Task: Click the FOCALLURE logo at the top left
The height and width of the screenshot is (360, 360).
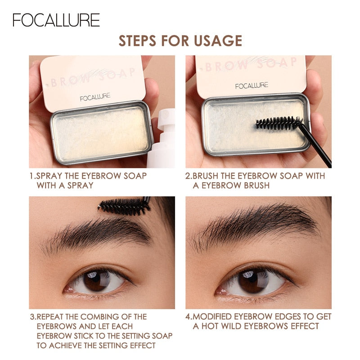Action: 56,20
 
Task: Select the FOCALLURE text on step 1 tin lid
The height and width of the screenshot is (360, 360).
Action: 95,97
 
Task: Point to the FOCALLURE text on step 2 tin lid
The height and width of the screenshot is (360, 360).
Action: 252,85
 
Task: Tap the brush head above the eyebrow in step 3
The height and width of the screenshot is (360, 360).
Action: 124,206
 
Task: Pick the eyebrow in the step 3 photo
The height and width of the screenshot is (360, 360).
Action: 99,234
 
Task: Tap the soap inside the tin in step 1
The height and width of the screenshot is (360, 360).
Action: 101,135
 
